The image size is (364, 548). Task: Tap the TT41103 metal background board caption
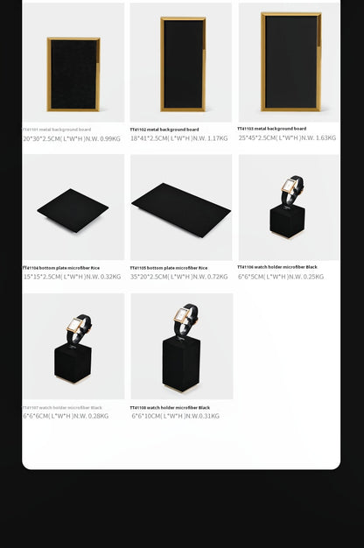click(x=272, y=129)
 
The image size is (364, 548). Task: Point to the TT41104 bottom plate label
click(x=61, y=268)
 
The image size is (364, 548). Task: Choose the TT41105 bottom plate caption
click(x=169, y=268)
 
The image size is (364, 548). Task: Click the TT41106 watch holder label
click(x=277, y=267)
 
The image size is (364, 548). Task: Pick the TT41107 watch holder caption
click(x=63, y=407)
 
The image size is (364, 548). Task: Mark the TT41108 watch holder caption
click(x=171, y=407)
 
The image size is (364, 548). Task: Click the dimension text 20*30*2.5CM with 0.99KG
click(x=72, y=138)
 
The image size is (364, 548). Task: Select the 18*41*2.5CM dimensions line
click(x=179, y=138)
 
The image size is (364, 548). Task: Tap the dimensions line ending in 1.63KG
click(x=287, y=137)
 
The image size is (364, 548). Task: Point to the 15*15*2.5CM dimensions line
click(x=72, y=277)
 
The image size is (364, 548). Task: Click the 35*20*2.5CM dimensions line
click(x=179, y=277)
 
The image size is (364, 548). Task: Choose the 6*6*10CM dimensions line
click(x=176, y=416)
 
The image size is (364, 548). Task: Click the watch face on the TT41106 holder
click(x=289, y=186)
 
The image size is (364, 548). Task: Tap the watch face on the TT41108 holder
click(x=185, y=314)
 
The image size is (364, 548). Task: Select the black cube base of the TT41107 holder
click(x=73, y=362)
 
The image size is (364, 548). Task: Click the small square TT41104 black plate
click(x=73, y=210)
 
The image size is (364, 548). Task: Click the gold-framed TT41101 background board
click(x=73, y=74)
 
